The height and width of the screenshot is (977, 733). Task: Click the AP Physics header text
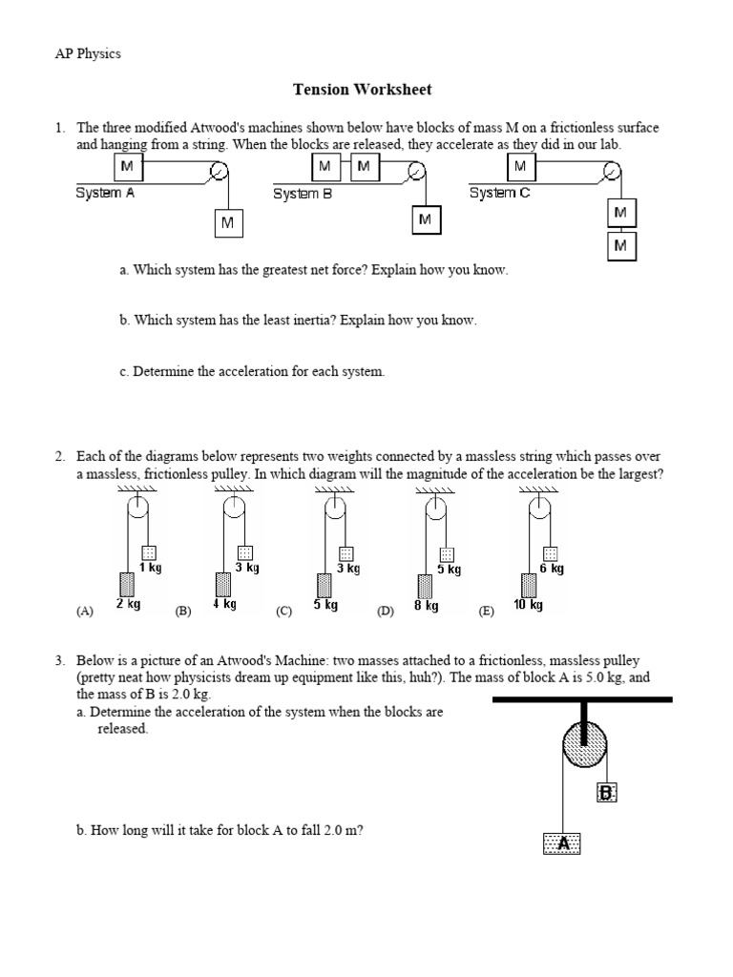(x=88, y=53)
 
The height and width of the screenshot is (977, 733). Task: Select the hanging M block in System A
(x=227, y=223)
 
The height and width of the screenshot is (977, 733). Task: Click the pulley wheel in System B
(x=416, y=172)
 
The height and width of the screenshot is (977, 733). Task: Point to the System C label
(x=499, y=193)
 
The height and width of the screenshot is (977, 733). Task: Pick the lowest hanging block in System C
(x=621, y=246)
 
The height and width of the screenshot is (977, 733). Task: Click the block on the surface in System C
(x=520, y=167)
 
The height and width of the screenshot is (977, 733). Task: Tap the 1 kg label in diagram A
(x=150, y=568)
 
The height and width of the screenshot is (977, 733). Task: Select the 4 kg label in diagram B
(x=224, y=605)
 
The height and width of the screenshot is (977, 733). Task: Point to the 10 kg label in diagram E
(x=528, y=605)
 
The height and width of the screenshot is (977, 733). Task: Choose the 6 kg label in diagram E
(x=552, y=569)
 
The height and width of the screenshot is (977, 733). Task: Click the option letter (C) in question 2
(x=283, y=613)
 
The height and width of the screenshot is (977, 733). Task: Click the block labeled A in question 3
(x=562, y=843)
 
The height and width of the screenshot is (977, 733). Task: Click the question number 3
(x=59, y=660)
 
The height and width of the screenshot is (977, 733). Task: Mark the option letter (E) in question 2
(x=486, y=613)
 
